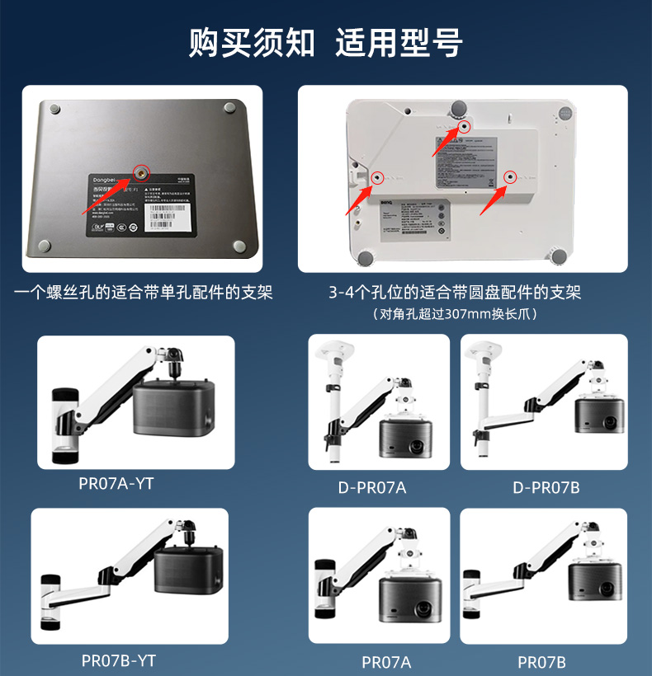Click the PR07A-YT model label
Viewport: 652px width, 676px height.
point(116,483)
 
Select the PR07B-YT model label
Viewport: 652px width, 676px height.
point(119,660)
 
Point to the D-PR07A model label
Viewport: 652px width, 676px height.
point(372,487)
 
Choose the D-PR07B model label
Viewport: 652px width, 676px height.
point(546,487)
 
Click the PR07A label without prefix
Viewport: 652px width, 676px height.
point(386,662)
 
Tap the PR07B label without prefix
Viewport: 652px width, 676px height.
point(541,662)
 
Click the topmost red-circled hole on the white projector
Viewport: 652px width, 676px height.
point(464,127)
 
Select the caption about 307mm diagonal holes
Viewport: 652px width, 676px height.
point(455,313)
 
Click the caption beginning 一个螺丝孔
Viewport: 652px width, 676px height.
point(144,292)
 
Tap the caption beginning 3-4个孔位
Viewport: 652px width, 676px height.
point(455,292)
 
